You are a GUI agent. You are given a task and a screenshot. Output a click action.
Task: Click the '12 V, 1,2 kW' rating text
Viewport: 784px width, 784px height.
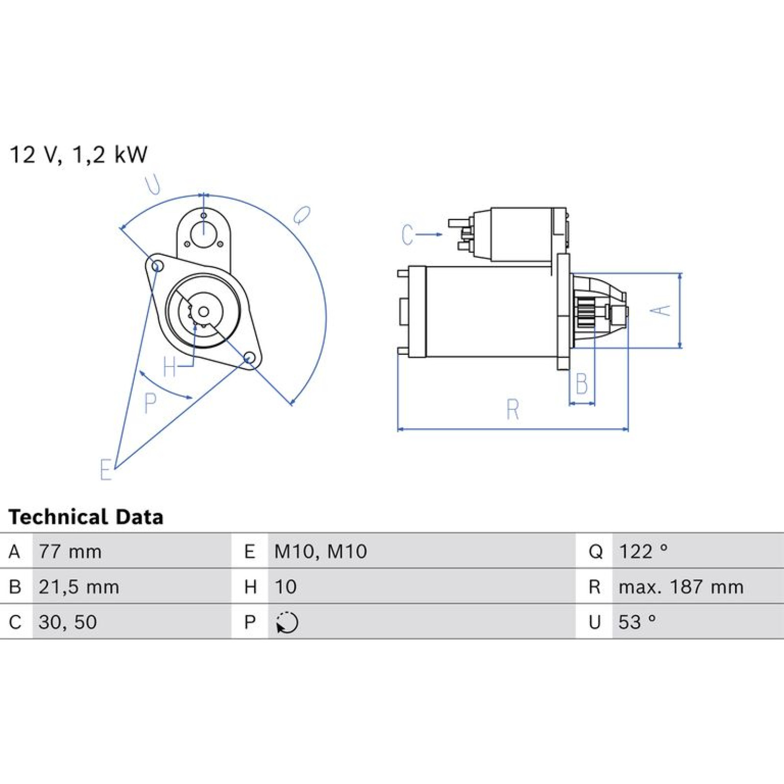[x=78, y=155]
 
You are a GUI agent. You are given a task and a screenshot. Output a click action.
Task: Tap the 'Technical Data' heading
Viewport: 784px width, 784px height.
[x=86, y=517]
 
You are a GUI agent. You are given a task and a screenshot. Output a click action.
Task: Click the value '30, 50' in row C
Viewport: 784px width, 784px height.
[x=68, y=622]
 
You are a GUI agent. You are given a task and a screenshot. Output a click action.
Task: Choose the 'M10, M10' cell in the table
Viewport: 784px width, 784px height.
[x=320, y=552]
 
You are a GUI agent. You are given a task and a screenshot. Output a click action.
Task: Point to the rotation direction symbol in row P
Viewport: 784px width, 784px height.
[x=287, y=623]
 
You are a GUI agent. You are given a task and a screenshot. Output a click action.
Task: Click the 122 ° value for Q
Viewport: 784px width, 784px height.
[x=643, y=552]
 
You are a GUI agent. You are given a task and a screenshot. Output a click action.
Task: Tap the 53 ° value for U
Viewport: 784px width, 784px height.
[x=637, y=622]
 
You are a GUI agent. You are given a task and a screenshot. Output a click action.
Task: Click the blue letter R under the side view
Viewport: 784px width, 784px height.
[x=513, y=409]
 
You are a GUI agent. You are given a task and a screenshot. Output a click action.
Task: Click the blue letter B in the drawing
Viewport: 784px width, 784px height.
[x=582, y=384]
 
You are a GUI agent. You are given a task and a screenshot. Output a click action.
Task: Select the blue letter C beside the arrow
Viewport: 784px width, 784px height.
[x=407, y=235]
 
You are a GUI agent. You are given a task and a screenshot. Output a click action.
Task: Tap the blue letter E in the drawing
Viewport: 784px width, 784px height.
[x=105, y=469]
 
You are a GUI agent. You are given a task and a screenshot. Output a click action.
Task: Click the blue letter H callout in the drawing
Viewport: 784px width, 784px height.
[x=170, y=367]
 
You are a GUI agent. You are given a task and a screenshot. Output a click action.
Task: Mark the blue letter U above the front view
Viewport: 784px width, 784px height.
[x=153, y=185]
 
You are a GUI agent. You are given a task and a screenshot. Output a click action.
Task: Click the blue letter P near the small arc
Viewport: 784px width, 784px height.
[x=150, y=403]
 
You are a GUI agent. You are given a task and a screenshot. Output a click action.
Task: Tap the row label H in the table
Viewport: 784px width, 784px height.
[x=250, y=587]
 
